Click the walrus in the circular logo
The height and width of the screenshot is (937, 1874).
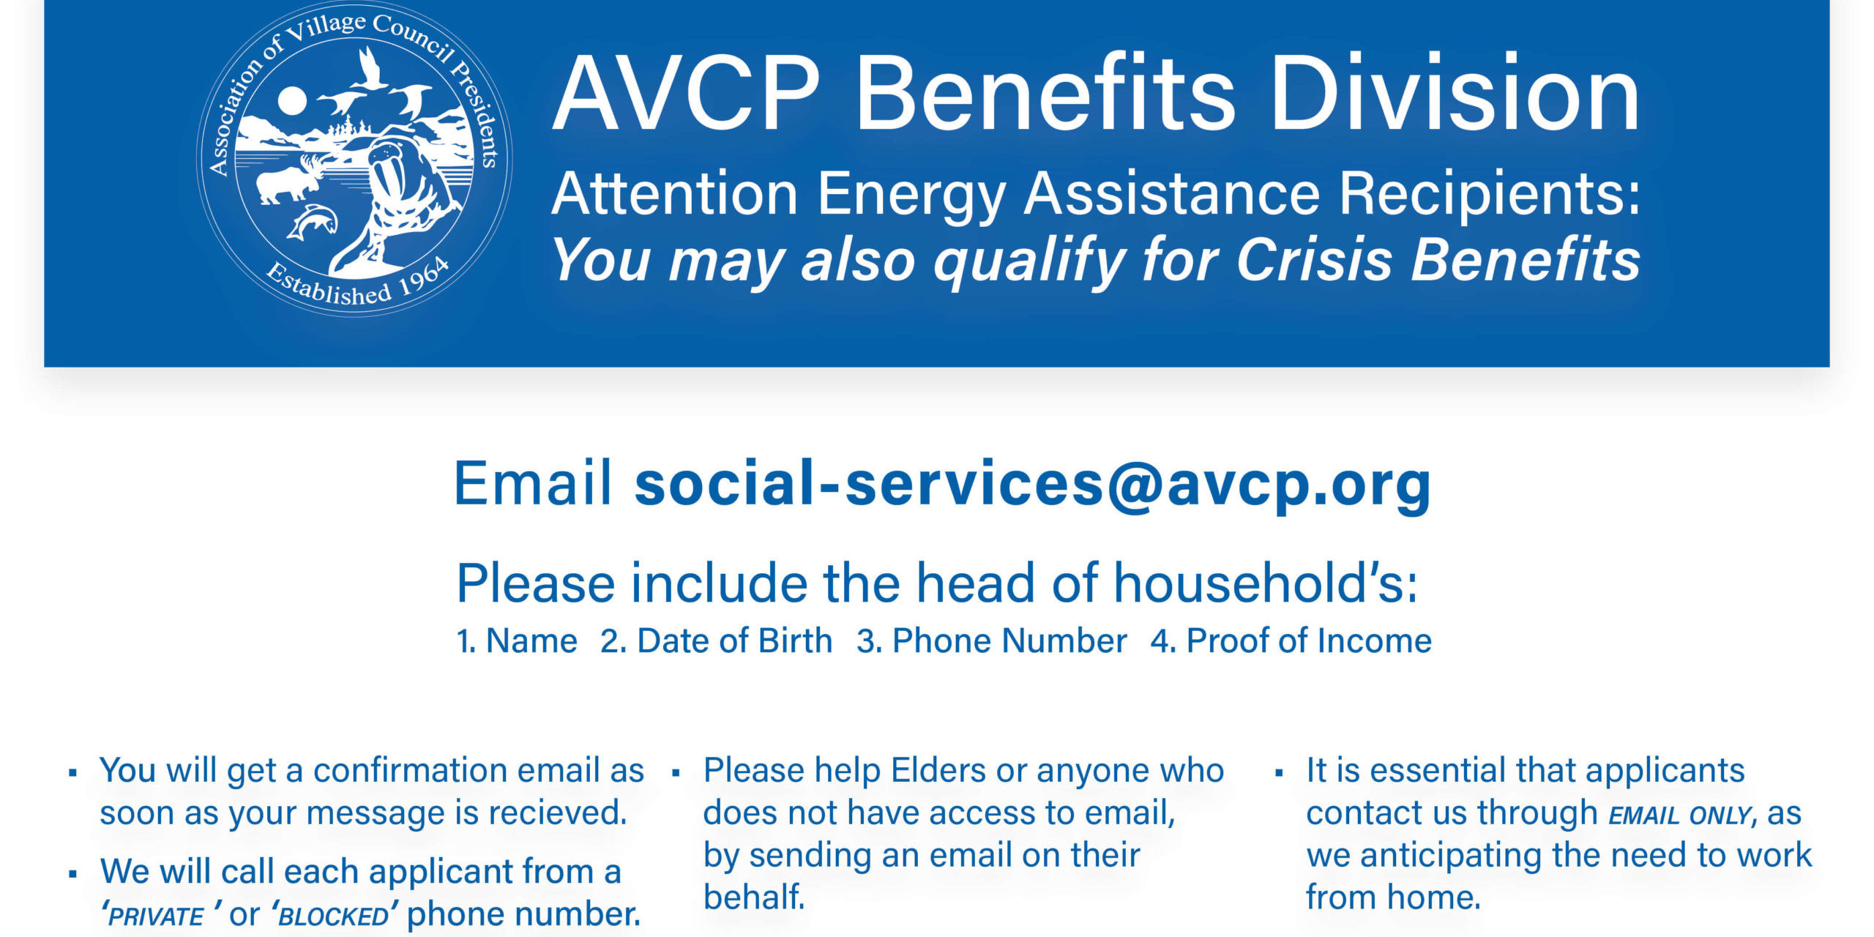point(395,198)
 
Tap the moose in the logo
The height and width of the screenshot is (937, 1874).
point(289,179)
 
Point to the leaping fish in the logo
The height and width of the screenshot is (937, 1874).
point(311,222)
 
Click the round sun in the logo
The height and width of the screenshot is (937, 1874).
point(291,101)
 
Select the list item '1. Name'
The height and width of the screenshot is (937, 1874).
point(517,641)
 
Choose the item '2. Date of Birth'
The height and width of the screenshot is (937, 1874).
point(717,641)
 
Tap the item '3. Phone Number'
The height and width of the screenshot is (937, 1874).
point(992,641)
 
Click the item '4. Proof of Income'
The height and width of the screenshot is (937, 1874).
point(1291,641)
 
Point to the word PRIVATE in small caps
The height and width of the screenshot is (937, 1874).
point(155,917)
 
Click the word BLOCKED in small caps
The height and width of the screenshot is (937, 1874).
point(334,917)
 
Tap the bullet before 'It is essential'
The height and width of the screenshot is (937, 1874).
point(1279,773)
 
